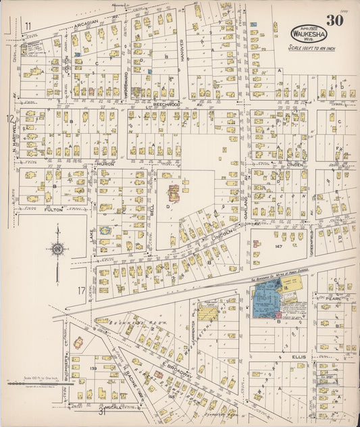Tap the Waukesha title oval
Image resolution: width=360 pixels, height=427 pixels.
[308, 33]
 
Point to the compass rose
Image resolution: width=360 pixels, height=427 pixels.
[57, 249]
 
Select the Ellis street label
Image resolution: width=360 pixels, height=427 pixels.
[299, 356]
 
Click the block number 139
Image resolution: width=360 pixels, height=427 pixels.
[93, 369]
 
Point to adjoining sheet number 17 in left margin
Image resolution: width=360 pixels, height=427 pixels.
[82, 291]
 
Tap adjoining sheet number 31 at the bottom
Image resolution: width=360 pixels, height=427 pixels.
[101, 411]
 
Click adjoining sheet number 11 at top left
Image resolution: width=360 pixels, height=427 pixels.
[28, 26]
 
